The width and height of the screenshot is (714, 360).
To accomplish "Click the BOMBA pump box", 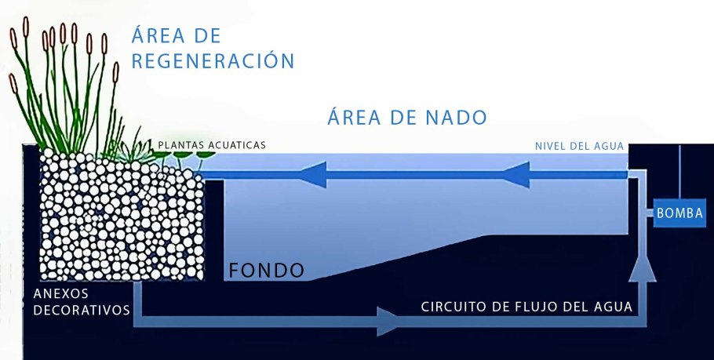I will pyautogui.click(x=679, y=213).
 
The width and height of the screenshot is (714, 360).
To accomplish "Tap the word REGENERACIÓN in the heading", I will pyautogui.click(x=212, y=61).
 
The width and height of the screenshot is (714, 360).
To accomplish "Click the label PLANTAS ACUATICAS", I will pyautogui.click(x=212, y=145).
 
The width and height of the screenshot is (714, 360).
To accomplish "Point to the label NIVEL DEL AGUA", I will pyautogui.click(x=579, y=146).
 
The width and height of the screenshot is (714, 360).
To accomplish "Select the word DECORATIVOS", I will pyautogui.click(x=81, y=310).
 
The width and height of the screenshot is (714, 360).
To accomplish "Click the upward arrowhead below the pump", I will pyautogui.click(x=642, y=267).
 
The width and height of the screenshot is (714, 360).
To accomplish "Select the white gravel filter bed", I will pyautogui.click(x=118, y=220).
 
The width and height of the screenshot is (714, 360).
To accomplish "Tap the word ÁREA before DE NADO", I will pyautogui.click(x=358, y=118).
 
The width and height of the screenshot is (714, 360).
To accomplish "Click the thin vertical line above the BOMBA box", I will pyautogui.click(x=680, y=173).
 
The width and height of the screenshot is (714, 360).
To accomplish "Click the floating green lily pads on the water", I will pyautogui.click(x=188, y=155).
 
